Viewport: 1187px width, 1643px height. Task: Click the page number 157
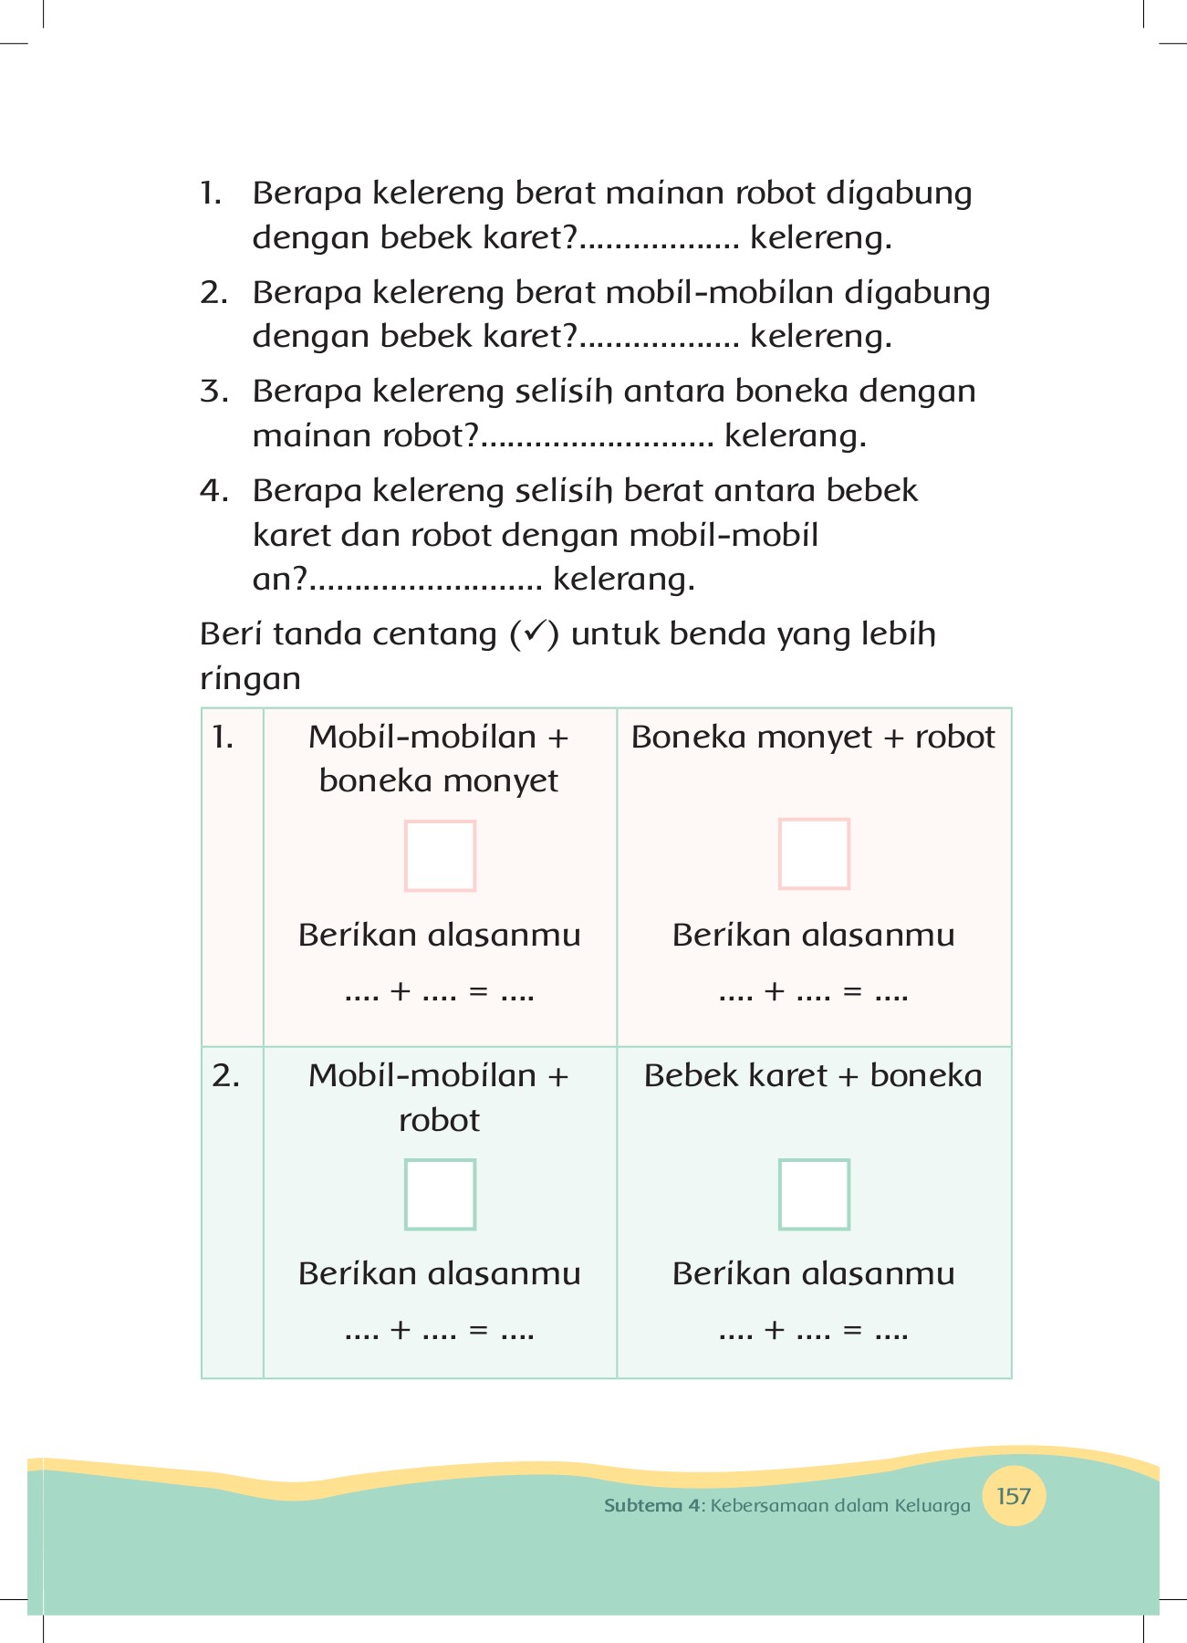[1014, 1496]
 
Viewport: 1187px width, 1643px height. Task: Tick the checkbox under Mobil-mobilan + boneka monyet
[440, 855]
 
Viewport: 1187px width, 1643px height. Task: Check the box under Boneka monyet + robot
[814, 853]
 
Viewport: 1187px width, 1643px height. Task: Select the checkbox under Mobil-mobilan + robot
[440, 1194]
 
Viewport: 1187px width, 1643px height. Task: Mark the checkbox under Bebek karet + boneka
[814, 1194]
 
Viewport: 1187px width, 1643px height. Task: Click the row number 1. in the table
[224, 737]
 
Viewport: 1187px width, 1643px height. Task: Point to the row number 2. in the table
[225, 1076]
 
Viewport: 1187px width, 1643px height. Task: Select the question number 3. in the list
[213, 392]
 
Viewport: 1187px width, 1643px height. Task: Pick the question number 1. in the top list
[211, 194]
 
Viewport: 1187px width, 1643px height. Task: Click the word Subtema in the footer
[642, 1505]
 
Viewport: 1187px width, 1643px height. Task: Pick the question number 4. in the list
[213, 491]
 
